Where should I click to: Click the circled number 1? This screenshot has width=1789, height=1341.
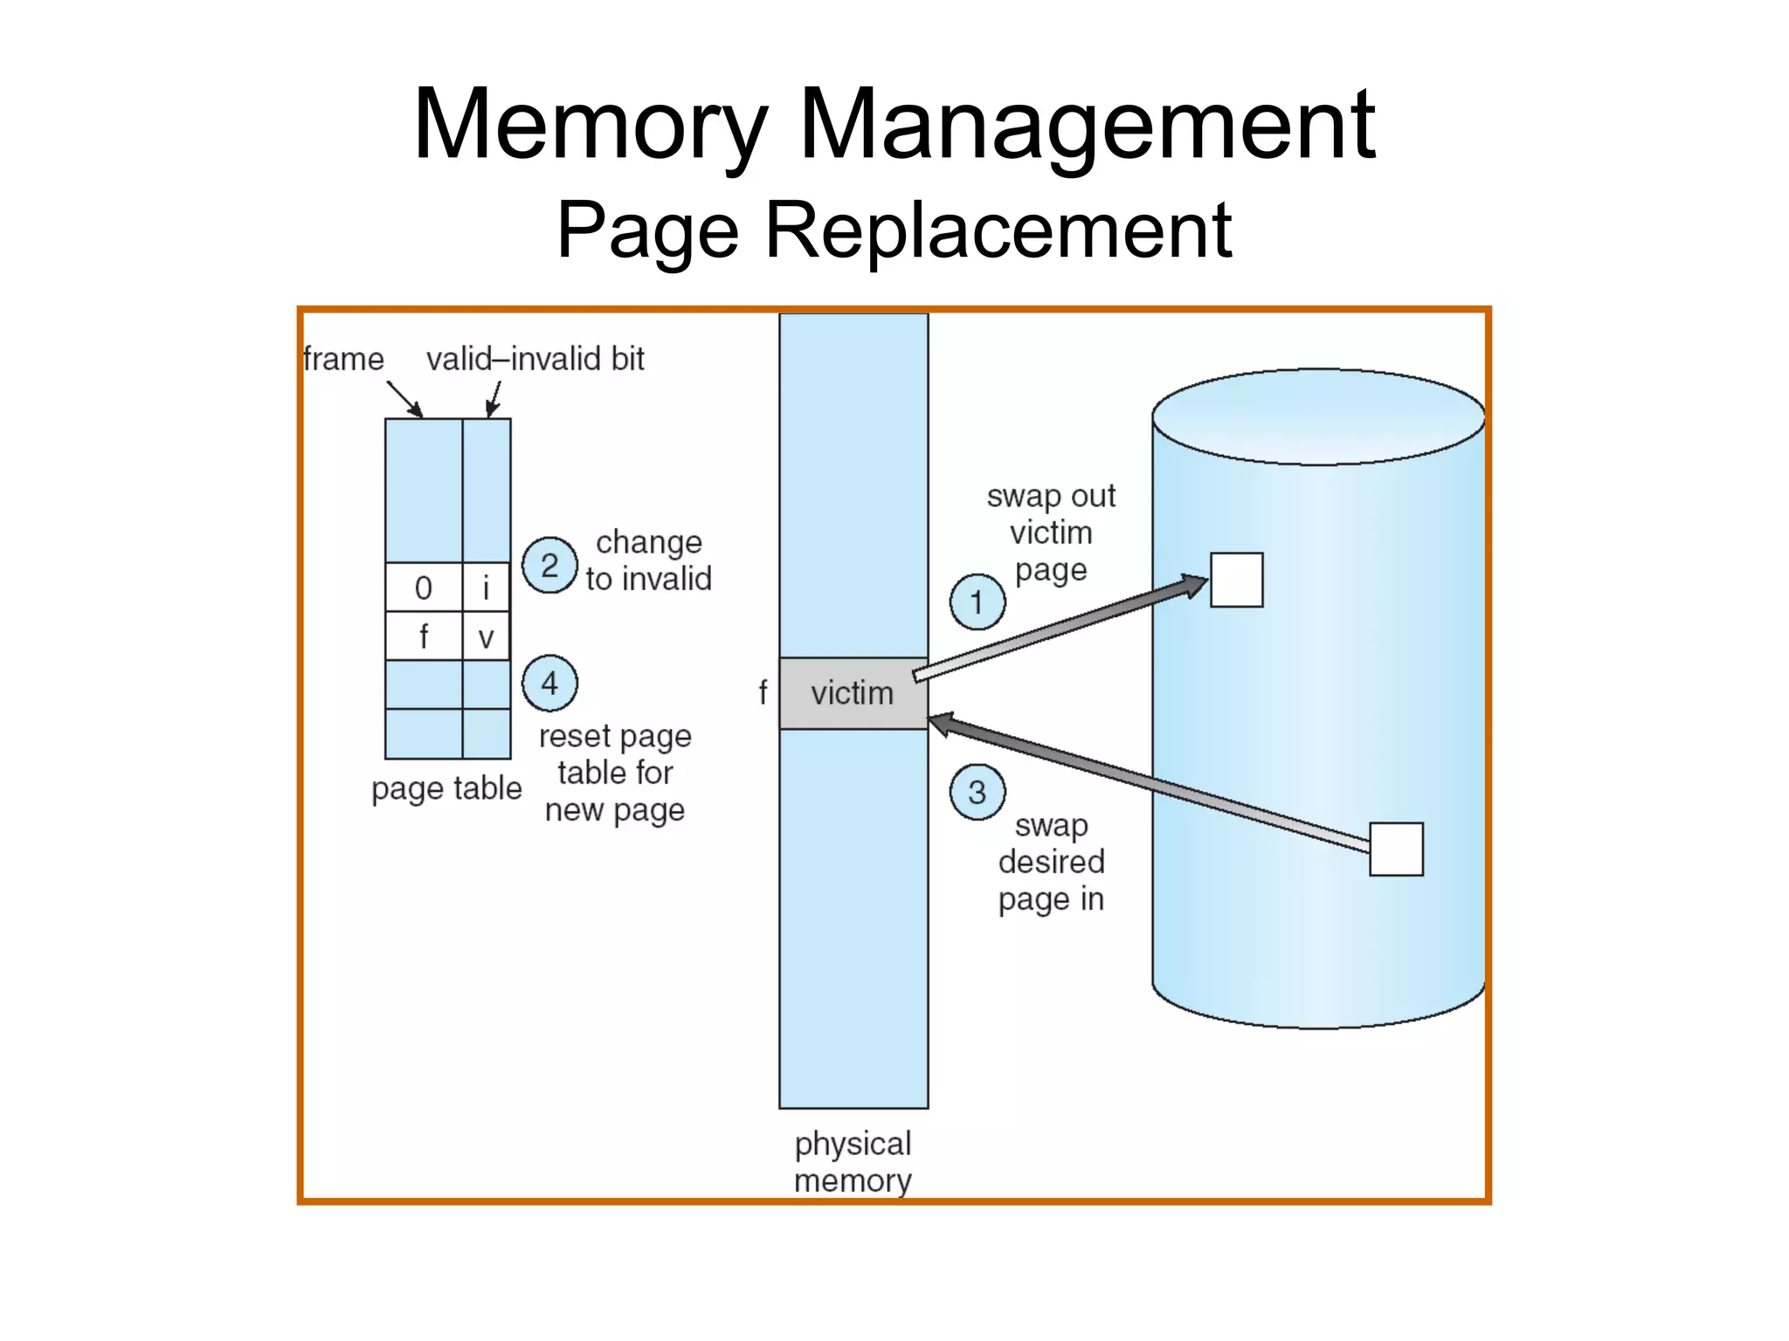(x=977, y=602)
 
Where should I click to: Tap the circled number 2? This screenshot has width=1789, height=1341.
(x=549, y=566)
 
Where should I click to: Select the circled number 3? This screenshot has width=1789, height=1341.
(x=977, y=792)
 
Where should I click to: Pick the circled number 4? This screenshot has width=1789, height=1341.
(x=549, y=683)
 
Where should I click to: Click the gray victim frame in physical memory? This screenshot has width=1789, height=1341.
(x=853, y=693)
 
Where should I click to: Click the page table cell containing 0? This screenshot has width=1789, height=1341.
(x=424, y=588)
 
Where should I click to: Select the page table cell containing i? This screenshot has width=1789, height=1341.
(x=487, y=588)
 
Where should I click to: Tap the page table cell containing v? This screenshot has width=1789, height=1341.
(x=487, y=636)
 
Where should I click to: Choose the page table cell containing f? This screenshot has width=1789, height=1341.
(x=424, y=636)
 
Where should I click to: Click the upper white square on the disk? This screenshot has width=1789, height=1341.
(x=1236, y=580)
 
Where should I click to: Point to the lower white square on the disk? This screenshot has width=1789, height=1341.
(x=1396, y=849)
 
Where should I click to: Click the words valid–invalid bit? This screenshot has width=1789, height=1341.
(x=535, y=359)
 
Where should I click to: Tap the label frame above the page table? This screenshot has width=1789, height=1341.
(x=343, y=359)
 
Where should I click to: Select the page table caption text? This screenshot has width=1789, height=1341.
(x=446, y=788)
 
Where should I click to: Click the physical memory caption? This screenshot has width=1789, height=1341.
(x=853, y=1161)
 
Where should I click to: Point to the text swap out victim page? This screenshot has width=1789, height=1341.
(x=1051, y=533)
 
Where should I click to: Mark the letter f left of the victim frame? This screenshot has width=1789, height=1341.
(x=763, y=692)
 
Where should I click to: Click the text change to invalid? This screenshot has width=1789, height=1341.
(x=648, y=560)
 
